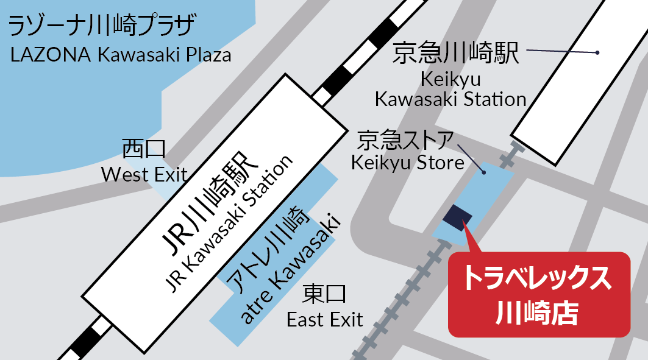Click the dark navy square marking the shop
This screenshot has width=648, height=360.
458,216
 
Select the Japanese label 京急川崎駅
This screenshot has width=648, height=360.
456,54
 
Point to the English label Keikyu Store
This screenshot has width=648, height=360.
408,163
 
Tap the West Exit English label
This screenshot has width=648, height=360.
144,175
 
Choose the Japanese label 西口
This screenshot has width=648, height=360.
144,149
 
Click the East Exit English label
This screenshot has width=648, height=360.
325,319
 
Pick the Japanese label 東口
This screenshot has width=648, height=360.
324,295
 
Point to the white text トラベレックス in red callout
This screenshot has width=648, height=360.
537,279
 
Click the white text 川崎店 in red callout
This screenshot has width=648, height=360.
537,312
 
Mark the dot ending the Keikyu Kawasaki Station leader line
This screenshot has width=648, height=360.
598,53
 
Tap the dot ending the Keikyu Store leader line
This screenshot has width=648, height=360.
483,173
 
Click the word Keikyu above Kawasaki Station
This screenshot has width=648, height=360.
450,79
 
